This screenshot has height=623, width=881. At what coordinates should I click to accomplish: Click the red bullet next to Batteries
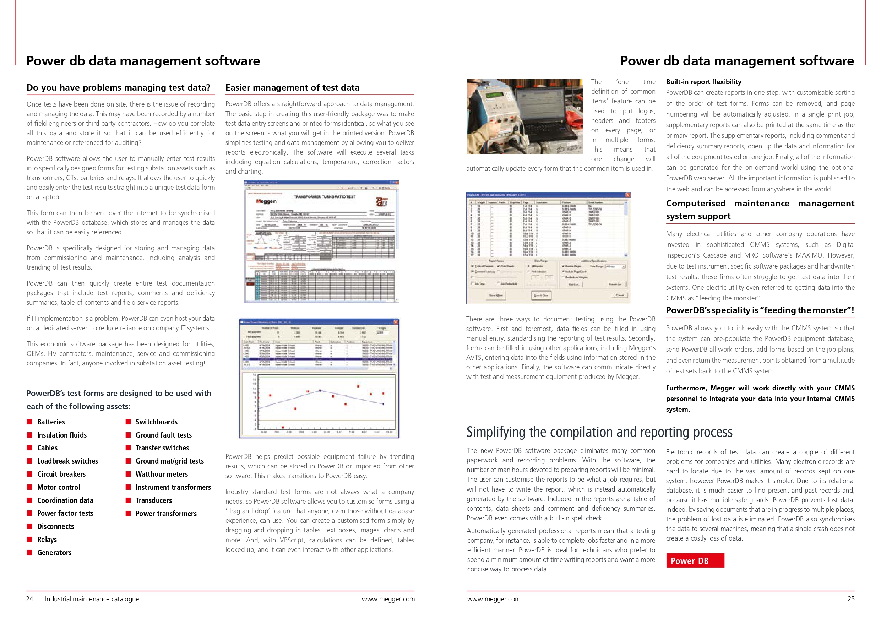click(x=29, y=422)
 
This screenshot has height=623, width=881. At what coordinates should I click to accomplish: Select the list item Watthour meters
click(x=162, y=474)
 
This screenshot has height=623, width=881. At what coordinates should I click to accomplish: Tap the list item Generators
click(x=54, y=553)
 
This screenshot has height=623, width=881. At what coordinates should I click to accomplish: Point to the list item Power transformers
click(x=166, y=514)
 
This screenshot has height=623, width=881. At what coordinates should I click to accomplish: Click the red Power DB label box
click(x=695, y=560)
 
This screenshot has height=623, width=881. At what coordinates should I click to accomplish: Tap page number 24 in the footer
click(x=29, y=599)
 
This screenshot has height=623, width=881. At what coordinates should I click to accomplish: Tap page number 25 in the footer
click(x=851, y=599)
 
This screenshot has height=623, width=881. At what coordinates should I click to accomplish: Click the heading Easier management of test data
click(x=292, y=87)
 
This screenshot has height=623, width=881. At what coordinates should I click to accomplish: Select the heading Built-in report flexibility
click(x=703, y=82)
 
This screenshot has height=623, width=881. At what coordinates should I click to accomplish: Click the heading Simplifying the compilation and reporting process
click(x=599, y=432)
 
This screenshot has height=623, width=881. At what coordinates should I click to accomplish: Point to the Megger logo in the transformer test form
click(x=266, y=201)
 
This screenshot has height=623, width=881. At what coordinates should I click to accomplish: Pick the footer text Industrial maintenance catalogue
click(x=92, y=599)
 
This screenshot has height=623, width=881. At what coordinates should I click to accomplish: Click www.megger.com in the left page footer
click(x=388, y=599)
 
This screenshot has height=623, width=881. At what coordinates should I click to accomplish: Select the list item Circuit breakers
click(x=61, y=474)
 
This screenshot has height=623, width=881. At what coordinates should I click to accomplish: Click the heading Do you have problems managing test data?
click(x=118, y=87)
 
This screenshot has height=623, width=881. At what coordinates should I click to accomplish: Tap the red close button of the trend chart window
click(x=396, y=322)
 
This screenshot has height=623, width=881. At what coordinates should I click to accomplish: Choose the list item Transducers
click(x=153, y=500)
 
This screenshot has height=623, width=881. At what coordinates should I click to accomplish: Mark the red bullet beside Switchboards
click(x=128, y=422)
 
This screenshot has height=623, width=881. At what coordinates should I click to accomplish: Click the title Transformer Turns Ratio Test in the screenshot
click(x=325, y=196)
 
